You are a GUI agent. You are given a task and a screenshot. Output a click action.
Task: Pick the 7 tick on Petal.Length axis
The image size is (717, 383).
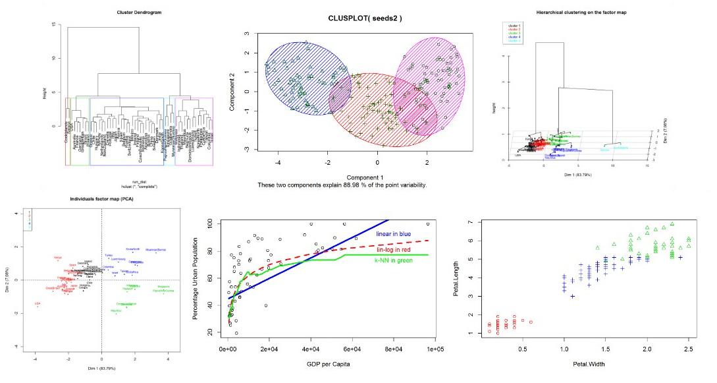[x=470, y=222]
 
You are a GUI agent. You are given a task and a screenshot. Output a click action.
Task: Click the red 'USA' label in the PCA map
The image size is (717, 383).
[x=38, y=304]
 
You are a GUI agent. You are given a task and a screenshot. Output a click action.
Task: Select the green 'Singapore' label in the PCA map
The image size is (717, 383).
[x=163, y=286]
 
